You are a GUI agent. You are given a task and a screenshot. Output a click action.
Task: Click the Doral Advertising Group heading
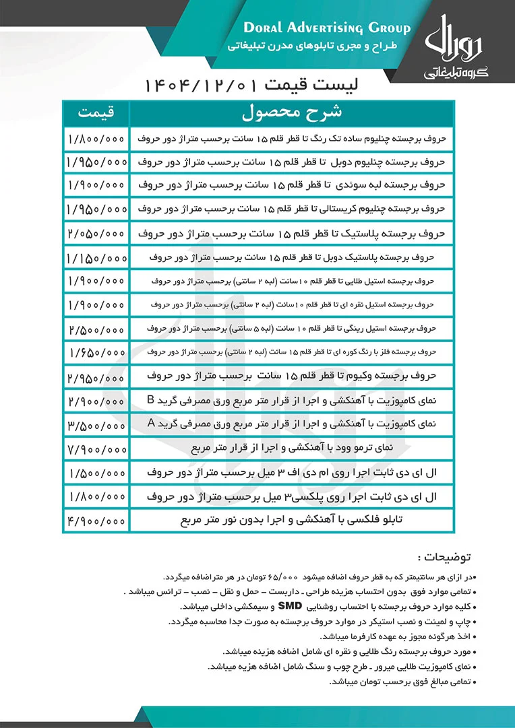coord(326,28)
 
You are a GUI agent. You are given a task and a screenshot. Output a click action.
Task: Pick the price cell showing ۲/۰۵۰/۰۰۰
coord(96,234)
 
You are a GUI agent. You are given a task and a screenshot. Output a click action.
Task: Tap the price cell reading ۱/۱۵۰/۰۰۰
coord(96,258)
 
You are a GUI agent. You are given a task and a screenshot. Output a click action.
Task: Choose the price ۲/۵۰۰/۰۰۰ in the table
coord(96,329)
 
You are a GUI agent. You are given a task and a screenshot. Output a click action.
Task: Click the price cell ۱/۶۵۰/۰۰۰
coord(96,352)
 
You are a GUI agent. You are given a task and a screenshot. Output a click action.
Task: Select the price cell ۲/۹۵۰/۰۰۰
coord(96,376)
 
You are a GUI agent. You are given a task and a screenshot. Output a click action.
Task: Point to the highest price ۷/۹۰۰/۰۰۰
coord(96,448)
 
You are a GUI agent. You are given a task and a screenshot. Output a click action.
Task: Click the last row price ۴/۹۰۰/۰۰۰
coord(96,520)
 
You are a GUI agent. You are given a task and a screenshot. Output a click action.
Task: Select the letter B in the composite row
coord(151,399)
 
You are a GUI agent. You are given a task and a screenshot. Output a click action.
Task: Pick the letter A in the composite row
coord(151,423)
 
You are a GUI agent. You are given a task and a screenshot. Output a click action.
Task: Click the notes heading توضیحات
coord(446,558)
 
